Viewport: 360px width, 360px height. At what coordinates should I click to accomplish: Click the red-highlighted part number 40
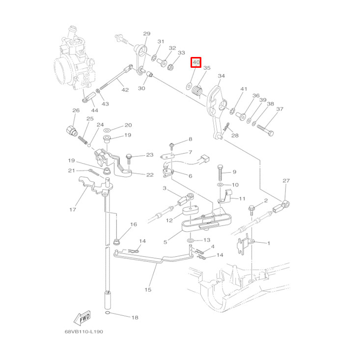coord(196,62)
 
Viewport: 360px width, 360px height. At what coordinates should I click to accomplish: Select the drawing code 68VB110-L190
coord(83,332)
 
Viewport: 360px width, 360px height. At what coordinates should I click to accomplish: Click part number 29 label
coord(146,34)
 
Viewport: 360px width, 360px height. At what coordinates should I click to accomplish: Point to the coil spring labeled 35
coord(197,90)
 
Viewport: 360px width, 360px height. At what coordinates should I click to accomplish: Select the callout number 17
coord(73,210)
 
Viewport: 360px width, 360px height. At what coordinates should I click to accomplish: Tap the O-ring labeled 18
coord(108,313)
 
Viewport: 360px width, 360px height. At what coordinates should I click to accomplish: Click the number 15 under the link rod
coord(148,289)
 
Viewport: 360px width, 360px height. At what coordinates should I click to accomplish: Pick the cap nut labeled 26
coord(72,131)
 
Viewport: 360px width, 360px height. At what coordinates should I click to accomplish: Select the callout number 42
coord(125,90)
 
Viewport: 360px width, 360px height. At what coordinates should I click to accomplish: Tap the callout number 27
coord(286,181)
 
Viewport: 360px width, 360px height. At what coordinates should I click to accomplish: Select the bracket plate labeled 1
coord(244,244)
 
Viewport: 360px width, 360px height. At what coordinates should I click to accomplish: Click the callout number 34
coord(221,76)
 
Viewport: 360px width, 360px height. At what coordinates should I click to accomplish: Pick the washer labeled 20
coord(107,129)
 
